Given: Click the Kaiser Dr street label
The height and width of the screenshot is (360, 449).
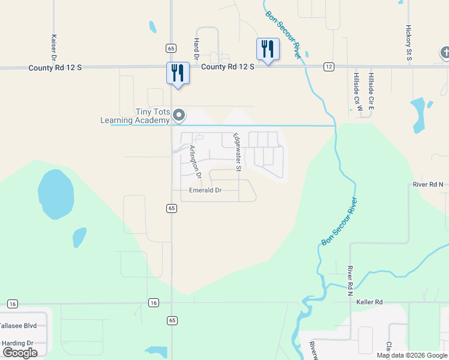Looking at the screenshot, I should (54, 47).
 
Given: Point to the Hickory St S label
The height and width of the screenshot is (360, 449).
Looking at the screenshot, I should (408, 43).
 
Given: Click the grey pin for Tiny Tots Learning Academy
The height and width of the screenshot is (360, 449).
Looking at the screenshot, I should (178, 115).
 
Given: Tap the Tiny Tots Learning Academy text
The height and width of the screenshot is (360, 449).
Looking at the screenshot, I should (136, 116).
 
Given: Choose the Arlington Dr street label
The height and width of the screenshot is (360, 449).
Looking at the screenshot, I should (194, 163).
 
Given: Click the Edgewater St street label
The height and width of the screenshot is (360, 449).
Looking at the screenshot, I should (237, 153).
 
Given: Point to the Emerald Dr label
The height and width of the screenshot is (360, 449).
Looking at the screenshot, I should (205, 190).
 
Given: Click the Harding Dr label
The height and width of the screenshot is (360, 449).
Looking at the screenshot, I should (17, 343).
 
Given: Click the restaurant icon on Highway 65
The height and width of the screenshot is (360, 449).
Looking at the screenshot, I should (178, 73).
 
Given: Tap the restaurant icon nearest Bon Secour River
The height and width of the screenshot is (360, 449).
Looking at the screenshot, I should (268, 49).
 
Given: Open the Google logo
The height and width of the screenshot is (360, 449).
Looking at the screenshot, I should (20, 353).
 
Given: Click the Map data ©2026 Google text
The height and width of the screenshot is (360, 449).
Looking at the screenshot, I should (412, 355).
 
